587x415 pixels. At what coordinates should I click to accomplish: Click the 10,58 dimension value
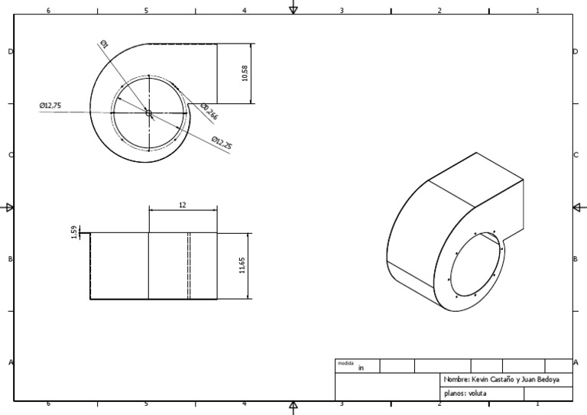coord(245,73)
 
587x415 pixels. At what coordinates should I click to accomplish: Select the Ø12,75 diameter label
coord(50,105)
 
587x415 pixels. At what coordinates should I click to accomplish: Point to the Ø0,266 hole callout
coord(209,112)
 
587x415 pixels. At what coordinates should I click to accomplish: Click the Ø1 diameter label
coord(104,45)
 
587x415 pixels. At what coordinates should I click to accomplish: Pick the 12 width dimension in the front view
coord(182,205)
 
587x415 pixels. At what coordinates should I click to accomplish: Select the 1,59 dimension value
coord(73,232)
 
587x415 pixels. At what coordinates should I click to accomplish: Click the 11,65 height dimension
coord(242,266)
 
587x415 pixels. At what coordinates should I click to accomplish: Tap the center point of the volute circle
coord(148,114)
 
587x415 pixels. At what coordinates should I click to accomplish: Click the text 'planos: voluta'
coord(465,394)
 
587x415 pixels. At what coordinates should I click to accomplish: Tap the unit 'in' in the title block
coord(362,368)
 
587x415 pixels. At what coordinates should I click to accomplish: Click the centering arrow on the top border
coord(293,8)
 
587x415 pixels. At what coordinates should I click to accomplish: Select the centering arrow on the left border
coord(9,207)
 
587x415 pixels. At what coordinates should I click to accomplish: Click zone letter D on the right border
coord(575,51)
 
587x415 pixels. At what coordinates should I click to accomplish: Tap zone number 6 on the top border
coord(49,11)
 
